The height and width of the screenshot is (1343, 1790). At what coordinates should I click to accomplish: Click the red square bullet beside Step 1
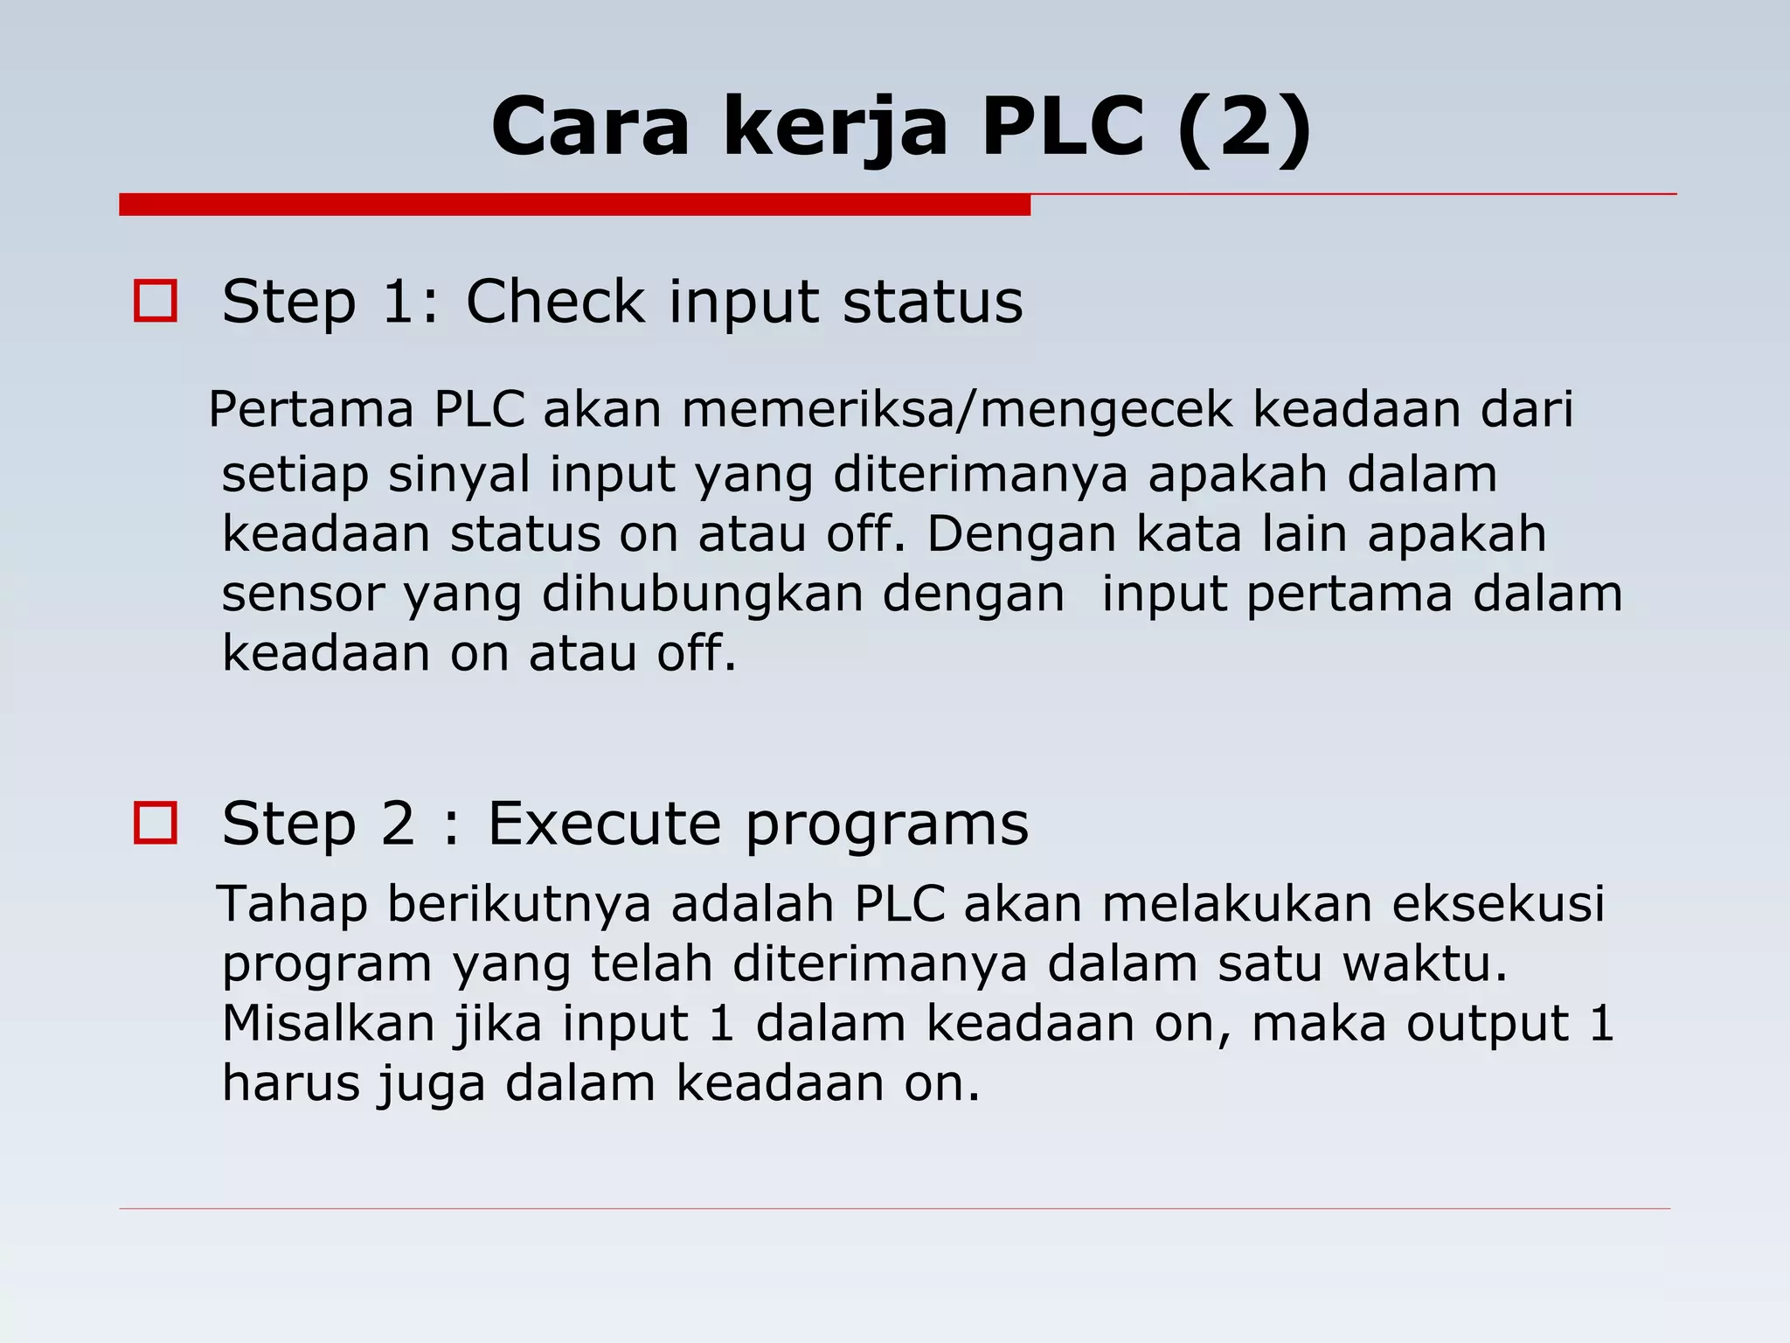[x=156, y=302]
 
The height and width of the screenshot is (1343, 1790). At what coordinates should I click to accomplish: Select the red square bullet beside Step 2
[x=156, y=823]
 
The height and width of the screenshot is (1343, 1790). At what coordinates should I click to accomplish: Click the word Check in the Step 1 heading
[x=555, y=302]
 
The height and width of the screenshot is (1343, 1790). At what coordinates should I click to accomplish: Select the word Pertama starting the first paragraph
[x=311, y=409]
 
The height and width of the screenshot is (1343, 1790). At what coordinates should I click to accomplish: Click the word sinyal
[x=459, y=475]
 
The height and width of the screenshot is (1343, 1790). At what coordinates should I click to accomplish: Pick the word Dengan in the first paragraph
[x=1021, y=535]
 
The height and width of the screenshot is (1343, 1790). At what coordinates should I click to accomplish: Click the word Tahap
[x=292, y=904]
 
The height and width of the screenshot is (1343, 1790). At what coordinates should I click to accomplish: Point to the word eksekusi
[x=1498, y=903]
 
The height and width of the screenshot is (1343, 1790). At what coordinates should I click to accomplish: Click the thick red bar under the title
[x=574, y=205]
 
